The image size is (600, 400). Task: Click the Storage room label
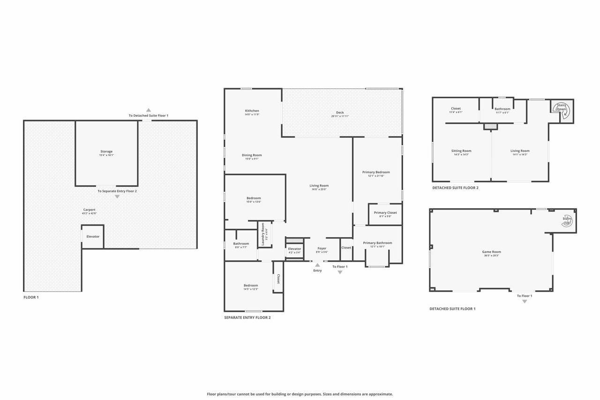106,151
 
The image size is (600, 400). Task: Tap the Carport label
89,210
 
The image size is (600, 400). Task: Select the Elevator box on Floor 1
93,236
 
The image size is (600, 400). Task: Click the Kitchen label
252,111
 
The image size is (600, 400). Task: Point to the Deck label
340,113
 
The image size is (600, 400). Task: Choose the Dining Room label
252,155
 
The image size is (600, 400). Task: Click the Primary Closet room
385,214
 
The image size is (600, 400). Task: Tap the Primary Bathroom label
377,243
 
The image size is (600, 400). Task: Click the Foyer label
322,248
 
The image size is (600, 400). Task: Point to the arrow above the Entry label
317,265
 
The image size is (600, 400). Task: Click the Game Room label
492,252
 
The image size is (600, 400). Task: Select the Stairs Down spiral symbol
562,107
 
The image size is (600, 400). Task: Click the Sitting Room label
461,151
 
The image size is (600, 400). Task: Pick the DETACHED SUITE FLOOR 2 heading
455,188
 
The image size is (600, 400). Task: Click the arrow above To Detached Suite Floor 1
148,110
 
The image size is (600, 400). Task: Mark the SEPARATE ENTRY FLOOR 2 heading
247,317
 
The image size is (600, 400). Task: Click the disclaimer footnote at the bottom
300,394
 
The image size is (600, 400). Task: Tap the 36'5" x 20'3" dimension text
492,256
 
